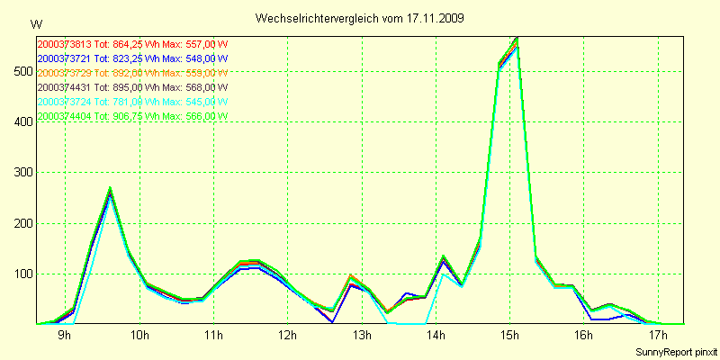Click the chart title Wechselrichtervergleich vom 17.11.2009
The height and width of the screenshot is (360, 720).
click(x=360, y=18)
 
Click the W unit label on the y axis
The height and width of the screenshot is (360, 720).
click(x=36, y=23)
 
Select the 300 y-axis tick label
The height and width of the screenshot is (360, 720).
click(x=20, y=173)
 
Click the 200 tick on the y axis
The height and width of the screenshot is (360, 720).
click(x=20, y=223)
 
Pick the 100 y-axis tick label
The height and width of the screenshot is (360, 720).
click(x=20, y=274)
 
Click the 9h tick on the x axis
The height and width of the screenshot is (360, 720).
click(x=65, y=336)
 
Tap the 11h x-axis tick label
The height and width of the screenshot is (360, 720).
click(x=212, y=336)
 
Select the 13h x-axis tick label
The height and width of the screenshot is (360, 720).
click(x=361, y=336)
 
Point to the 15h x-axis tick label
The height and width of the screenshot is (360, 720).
click(x=509, y=336)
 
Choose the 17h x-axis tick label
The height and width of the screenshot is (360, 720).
click(x=658, y=336)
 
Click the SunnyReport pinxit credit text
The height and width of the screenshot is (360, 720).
click(x=676, y=351)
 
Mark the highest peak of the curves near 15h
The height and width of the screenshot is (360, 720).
click(x=517, y=39)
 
